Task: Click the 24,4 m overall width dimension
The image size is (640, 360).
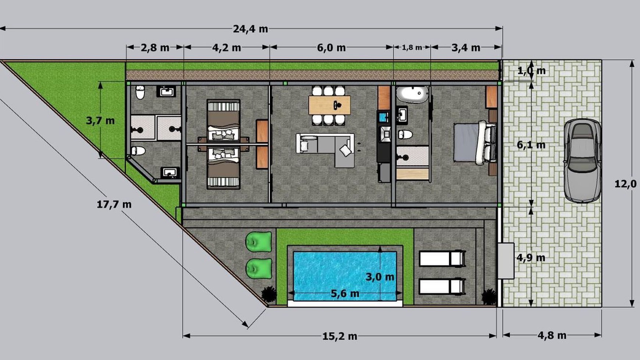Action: point(250,29)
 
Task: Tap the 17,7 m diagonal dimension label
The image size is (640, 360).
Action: point(114,204)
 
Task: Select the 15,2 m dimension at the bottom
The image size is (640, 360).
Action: point(339,336)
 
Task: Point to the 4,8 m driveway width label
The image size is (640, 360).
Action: point(552,335)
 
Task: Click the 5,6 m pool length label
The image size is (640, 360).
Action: point(345,293)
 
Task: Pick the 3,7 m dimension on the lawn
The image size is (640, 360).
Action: point(100,121)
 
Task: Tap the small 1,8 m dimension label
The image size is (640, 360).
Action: point(412,47)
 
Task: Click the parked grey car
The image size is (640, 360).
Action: point(582,160)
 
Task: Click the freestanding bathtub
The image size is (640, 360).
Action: point(412,95)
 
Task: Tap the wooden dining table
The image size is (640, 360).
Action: point(329,105)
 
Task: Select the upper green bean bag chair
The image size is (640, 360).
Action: point(259,242)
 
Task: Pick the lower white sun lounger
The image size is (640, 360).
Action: point(441,286)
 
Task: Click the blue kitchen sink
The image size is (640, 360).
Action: point(384,117)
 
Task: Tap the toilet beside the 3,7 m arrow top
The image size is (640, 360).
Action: point(140,92)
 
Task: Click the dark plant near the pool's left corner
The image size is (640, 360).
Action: point(269,294)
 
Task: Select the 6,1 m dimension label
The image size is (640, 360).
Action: point(531,145)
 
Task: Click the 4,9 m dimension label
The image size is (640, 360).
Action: point(531,258)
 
